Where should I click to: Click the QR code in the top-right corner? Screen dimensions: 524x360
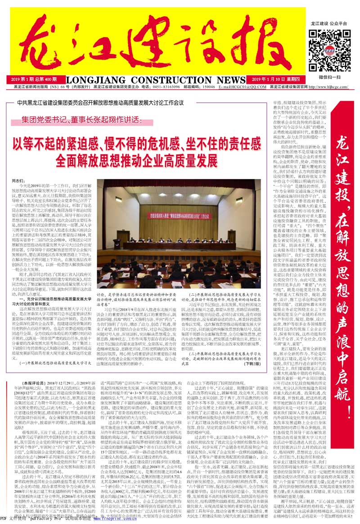(x=325, y=45)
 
